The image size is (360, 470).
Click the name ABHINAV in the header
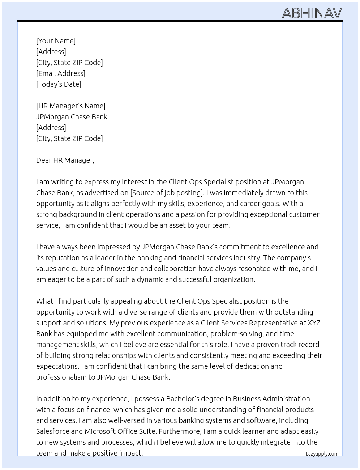point(312,13)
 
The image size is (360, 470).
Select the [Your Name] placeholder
point(56,41)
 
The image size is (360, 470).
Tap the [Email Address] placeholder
point(61,73)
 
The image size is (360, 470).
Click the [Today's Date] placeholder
point(59,84)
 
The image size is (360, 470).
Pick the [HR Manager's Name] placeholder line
point(71,106)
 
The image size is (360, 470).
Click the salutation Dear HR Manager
point(65,160)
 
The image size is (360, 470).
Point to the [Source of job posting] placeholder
point(166,193)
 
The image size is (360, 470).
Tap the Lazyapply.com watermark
point(322,454)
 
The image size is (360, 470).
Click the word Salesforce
point(52,431)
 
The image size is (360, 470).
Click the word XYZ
point(314,323)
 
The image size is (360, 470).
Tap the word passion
point(193,214)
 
